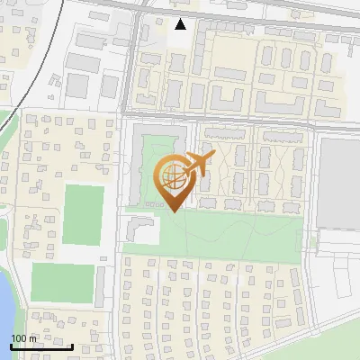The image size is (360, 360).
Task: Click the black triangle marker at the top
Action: [x=181, y=24]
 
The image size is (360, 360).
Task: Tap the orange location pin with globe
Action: [x=171, y=181]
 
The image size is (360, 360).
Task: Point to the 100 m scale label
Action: [x=24, y=338]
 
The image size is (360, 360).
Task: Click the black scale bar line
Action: [x=41, y=346]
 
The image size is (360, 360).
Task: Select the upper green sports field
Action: [x=84, y=214]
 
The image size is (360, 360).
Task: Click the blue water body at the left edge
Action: [x=4, y=306]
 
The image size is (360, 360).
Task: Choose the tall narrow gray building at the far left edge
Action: [x=3, y=225]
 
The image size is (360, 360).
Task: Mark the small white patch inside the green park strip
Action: [x=149, y=232]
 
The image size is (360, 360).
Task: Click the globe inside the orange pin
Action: [x=171, y=175]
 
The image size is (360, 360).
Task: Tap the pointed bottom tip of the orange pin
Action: [x=171, y=211]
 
